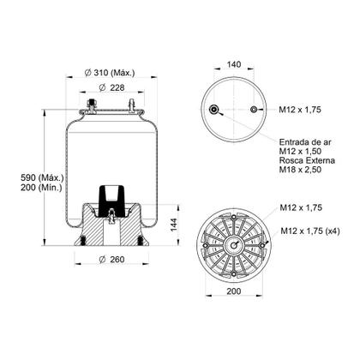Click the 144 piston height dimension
(174, 224)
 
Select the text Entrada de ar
(306, 142)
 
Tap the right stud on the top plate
(131, 105)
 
